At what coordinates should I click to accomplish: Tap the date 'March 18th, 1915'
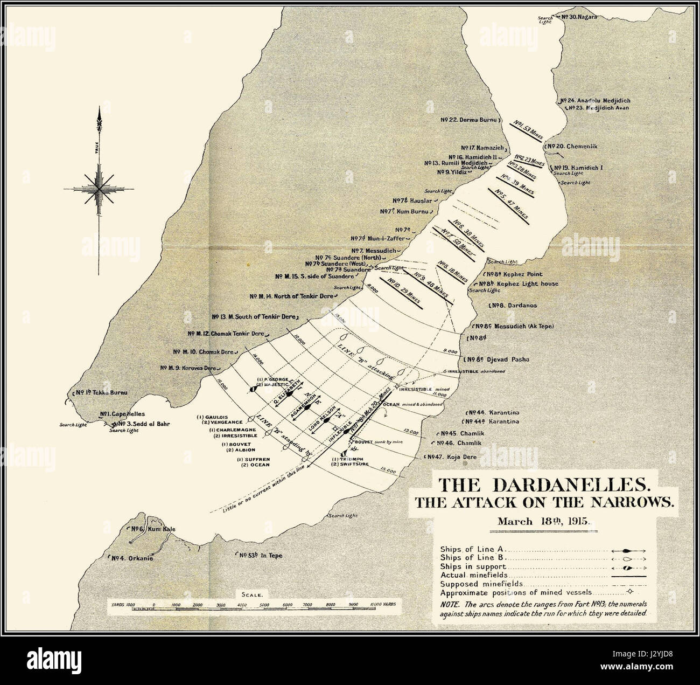click(544, 522)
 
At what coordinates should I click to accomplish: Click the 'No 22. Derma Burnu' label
click(471, 120)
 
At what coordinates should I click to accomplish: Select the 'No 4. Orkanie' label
click(132, 558)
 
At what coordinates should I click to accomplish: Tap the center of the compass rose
click(99, 189)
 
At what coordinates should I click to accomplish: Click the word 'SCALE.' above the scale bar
click(251, 595)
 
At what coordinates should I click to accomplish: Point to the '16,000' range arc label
click(220, 388)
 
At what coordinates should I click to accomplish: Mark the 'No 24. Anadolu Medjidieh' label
click(595, 101)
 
